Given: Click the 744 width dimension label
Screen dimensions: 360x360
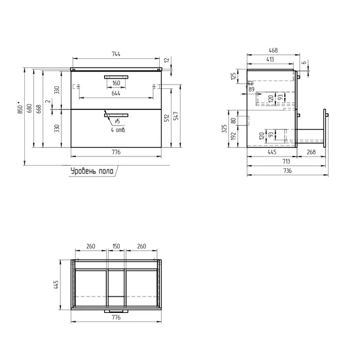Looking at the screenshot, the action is (x=116, y=54).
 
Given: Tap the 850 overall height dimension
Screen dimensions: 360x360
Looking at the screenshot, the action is (x=20, y=109).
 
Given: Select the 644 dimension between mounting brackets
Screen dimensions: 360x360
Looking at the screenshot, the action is (x=116, y=94).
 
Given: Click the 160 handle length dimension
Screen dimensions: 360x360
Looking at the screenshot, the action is (x=116, y=83).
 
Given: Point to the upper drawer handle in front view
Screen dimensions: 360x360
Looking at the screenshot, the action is (x=116, y=77).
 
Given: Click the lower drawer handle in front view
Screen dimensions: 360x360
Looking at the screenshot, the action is (x=116, y=115).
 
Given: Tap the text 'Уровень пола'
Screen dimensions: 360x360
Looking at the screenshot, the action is (x=92, y=171).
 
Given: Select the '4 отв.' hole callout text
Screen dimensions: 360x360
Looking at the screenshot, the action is (x=118, y=130).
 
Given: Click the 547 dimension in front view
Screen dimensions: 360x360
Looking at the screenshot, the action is (x=176, y=116).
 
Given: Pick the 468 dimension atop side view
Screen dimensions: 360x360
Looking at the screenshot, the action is (x=273, y=50).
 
